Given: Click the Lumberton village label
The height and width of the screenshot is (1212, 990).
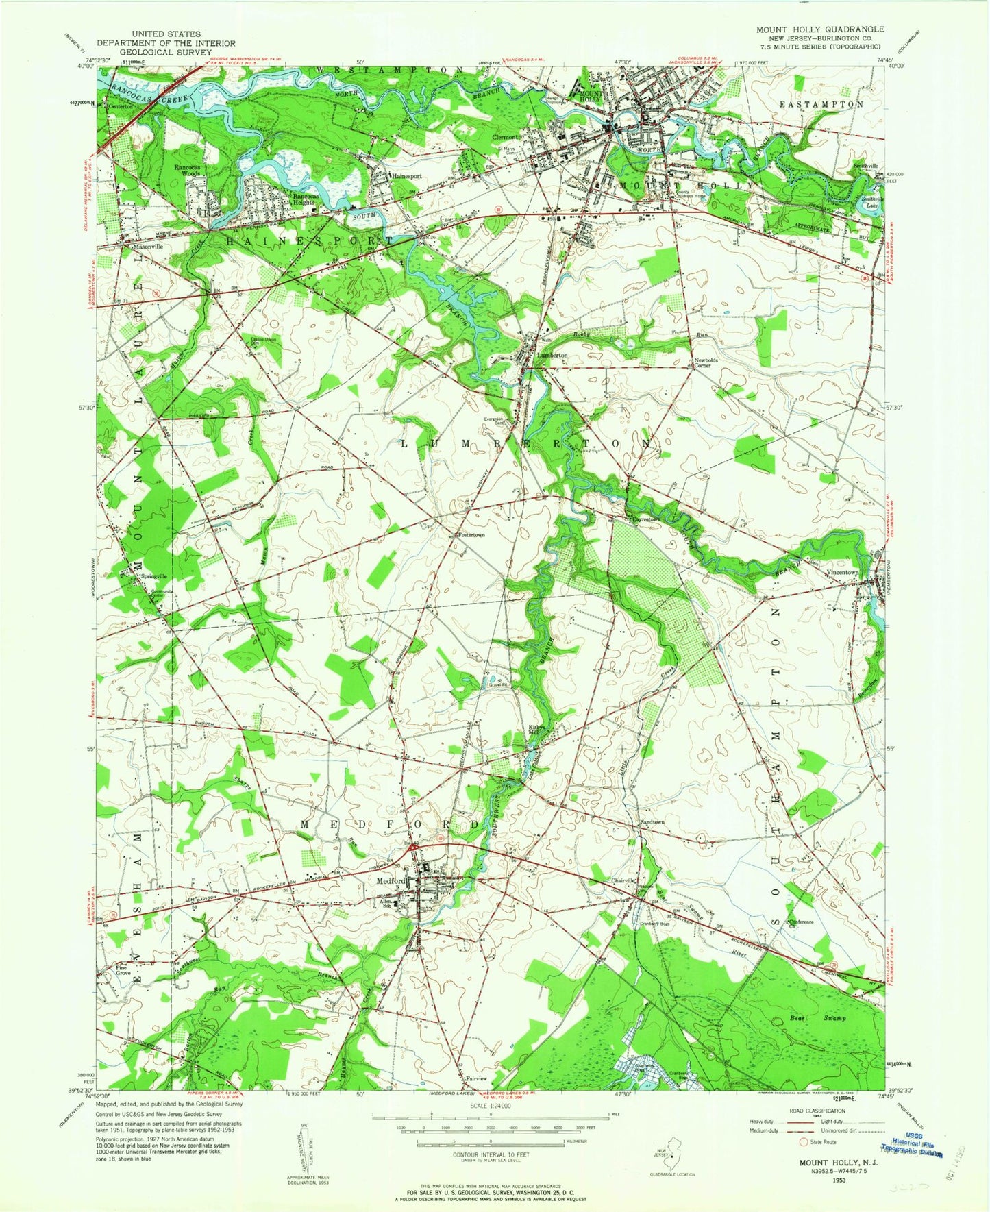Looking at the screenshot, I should tap(552, 356).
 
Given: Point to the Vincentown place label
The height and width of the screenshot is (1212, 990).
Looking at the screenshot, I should tap(843, 571).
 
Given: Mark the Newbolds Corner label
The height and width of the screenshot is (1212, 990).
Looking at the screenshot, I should tap(705, 362).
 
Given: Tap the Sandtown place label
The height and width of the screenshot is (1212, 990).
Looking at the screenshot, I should tap(652, 821).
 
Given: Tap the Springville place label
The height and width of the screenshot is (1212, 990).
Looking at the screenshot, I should tap(153, 576).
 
